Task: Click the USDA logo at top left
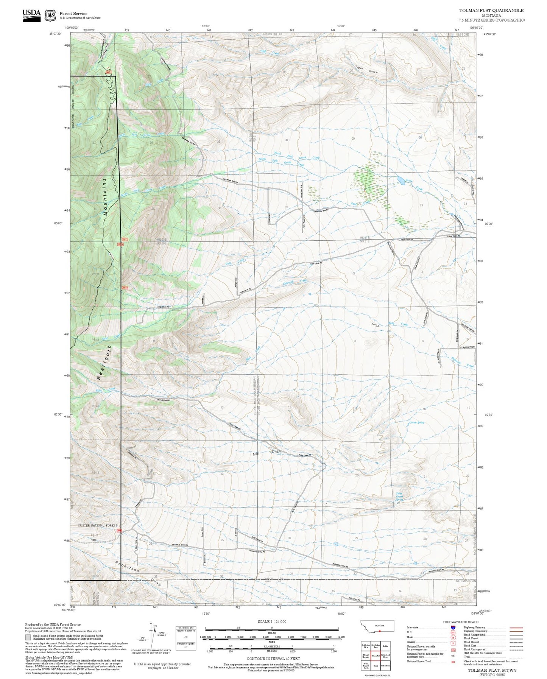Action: click(x=31, y=14)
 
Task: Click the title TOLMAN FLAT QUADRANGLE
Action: click(x=491, y=10)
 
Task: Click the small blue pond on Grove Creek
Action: click(x=401, y=180)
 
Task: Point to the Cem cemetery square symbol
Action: click(x=377, y=325)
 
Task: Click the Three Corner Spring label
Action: click(x=399, y=497)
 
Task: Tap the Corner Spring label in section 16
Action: click(x=416, y=423)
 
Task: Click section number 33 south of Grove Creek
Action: click(x=421, y=205)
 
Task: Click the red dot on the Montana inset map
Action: click(x=380, y=631)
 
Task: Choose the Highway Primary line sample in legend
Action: click(x=516, y=628)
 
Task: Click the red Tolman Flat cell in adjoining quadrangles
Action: click(x=376, y=656)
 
